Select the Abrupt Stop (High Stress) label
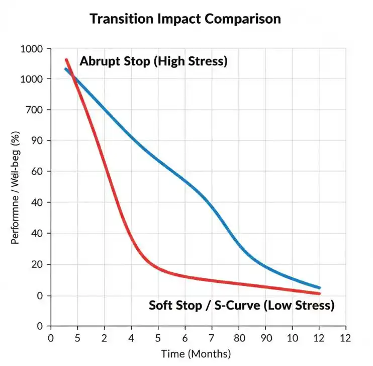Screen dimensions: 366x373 pos(153,62)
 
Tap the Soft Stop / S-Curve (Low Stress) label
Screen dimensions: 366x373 pos(241,305)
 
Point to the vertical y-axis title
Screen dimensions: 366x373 pos(16,187)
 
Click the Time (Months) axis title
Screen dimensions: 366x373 pos(196,353)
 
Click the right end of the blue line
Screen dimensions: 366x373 pos(319,287)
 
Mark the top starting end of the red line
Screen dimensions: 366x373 pos(66,60)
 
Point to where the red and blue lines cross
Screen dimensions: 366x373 pos(74,77)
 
